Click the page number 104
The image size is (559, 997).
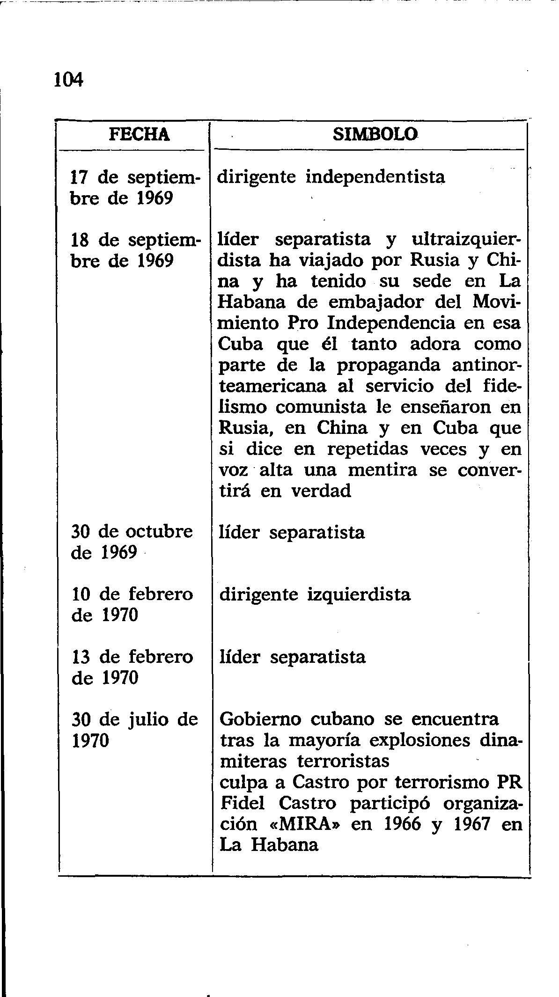tap(68, 80)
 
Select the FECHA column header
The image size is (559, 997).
tap(139, 135)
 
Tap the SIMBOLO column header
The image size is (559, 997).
tap(375, 135)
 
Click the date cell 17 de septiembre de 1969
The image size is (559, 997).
tap(135, 188)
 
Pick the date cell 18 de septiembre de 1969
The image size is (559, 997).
tap(135, 250)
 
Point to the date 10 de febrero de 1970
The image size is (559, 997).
tap(132, 604)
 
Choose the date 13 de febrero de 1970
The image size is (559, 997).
tap(132, 667)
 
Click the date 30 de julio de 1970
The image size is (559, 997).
tap(135, 730)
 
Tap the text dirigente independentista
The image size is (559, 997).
tap(332, 177)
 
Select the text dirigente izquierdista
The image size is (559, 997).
tap(315, 594)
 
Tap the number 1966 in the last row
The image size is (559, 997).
tap(402, 824)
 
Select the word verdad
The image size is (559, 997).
tap(321, 491)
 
